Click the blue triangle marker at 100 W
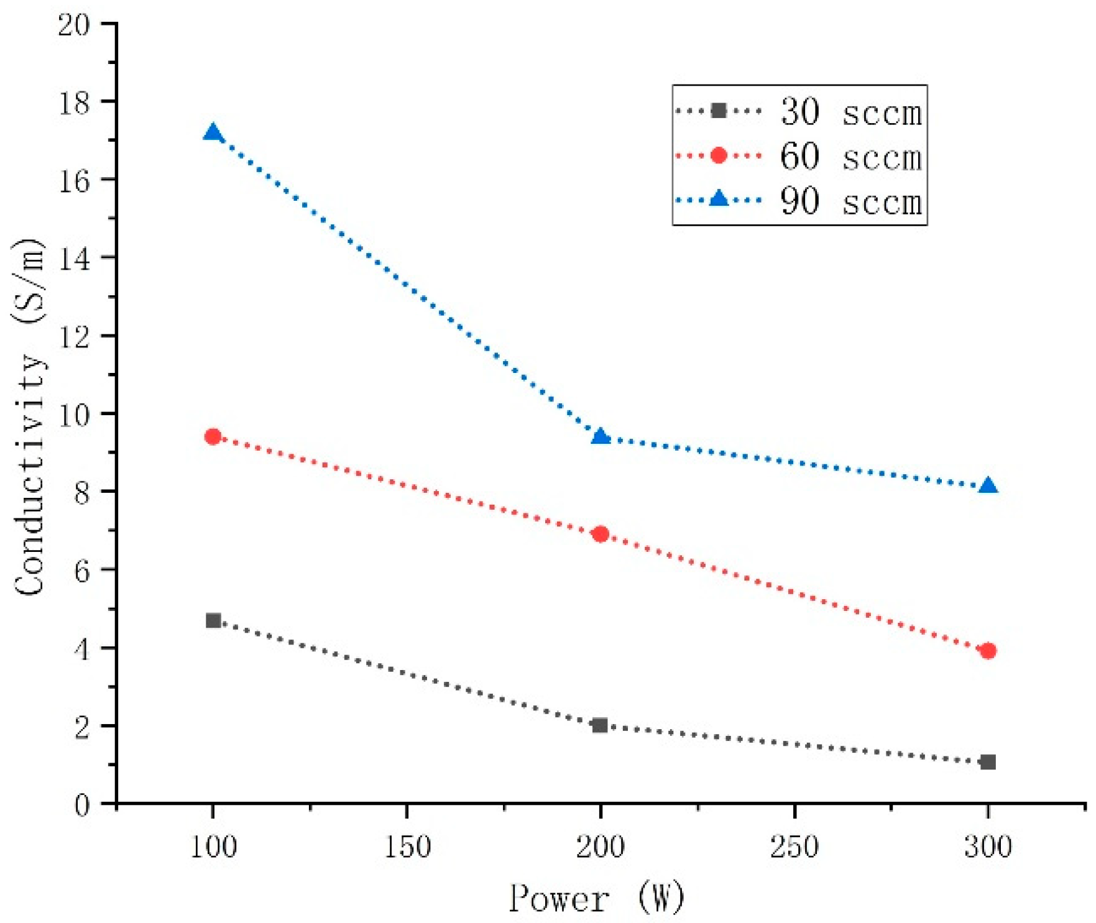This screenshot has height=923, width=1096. [213, 133]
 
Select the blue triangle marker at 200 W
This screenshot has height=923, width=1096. [601, 436]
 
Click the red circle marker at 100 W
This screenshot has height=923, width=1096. [213, 436]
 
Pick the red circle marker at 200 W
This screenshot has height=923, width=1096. [601, 534]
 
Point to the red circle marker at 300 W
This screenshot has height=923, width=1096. [988, 651]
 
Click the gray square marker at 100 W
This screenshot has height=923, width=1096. [213, 620]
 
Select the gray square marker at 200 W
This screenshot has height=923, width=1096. [600, 725]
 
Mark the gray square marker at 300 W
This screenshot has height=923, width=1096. [988, 762]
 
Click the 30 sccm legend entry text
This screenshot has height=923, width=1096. [851, 113]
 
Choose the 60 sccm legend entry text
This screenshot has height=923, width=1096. [851, 157]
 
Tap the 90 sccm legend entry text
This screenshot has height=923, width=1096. [851, 201]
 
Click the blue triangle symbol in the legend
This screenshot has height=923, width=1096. [719, 199]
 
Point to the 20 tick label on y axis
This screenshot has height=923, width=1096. [73, 25]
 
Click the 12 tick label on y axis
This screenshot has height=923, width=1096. [73, 336]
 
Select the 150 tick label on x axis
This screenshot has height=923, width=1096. [407, 847]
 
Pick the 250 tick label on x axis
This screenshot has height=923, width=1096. [794, 847]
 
